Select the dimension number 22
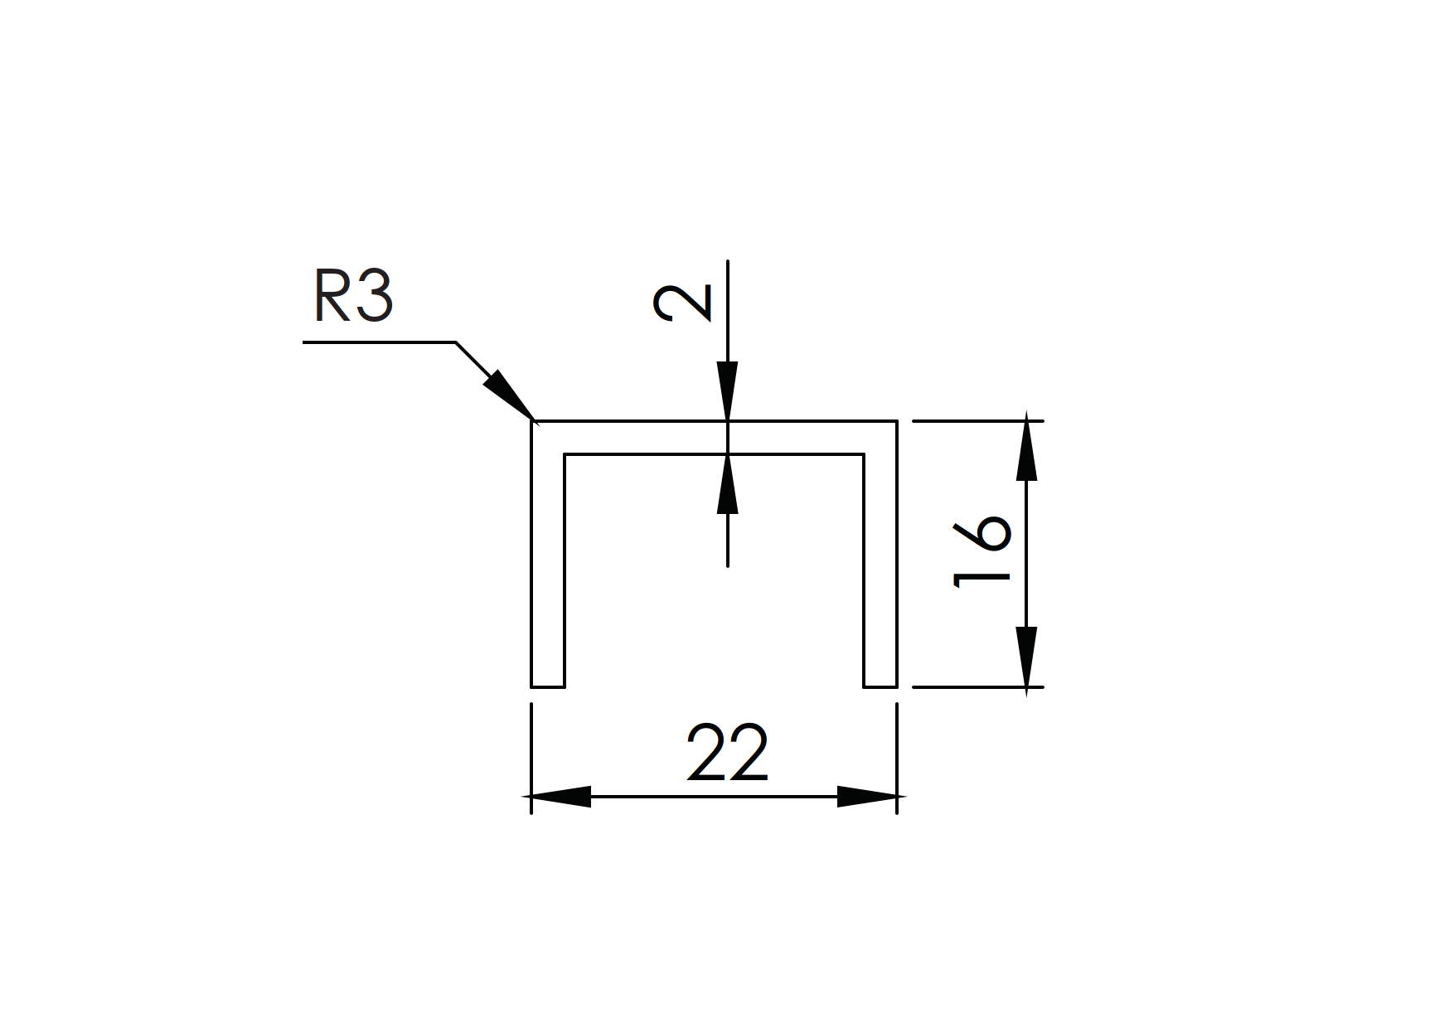(x=728, y=754)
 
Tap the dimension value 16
(x=982, y=551)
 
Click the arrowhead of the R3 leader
(x=507, y=396)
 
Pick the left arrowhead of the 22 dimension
(x=560, y=797)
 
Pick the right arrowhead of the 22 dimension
(x=867, y=797)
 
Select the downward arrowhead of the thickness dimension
(x=728, y=391)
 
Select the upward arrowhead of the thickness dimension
(x=728, y=483)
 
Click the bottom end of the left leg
(x=548, y=686)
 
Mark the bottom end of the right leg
(x=880, y=686)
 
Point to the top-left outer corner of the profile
(x=532, y=421)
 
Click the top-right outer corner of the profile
(x=897, y=421)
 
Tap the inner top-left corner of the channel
(x=565, y=454)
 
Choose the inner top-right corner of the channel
(x=864, y=454)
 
